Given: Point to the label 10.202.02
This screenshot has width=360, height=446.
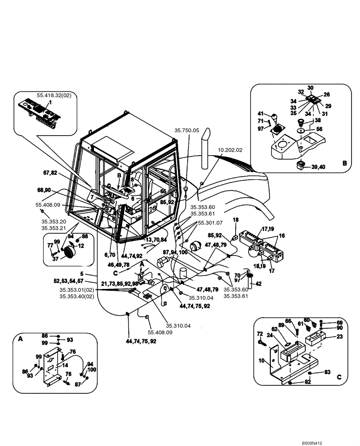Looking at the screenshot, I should [x=230, y=150].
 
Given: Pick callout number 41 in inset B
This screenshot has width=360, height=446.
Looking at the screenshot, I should [x=261, y=114].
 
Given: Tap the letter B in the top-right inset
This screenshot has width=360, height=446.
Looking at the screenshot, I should [x=344, y=164].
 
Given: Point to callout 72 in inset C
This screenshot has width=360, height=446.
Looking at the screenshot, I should [x=260, y=334].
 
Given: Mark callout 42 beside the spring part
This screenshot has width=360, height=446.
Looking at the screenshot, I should [x=258, y=283].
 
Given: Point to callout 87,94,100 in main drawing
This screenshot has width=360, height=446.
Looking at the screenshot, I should [x=176, y=252].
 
